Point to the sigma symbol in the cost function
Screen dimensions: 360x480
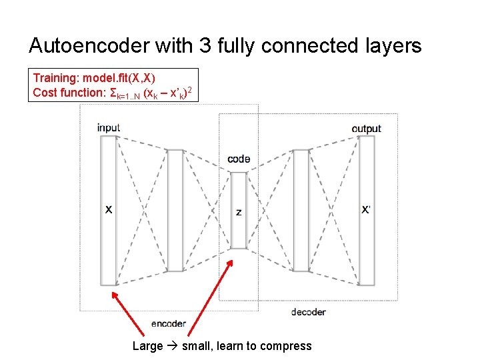tap(113, 92)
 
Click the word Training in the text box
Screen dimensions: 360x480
tap(55, 78)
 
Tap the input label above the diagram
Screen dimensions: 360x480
tap(109, 127)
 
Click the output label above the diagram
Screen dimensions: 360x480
tap(367, 128)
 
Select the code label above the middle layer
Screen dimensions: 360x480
tap(239, 159)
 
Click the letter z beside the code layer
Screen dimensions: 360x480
tap(239, 212)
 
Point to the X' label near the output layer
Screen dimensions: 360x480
tap(367, 209)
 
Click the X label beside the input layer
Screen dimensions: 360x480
tap(109, 209)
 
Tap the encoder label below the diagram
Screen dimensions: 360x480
tap(169, 324)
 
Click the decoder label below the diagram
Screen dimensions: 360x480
tap(309, 311)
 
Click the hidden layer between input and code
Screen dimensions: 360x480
tap(175, 210)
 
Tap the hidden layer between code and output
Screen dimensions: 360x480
tap(301, 210)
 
